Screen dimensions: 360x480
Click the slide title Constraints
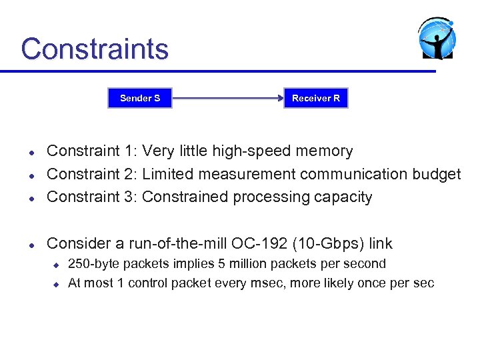(x=95, y=49)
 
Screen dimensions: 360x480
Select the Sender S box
(x=140, y=99)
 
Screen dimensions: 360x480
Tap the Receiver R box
(x=315, y=99)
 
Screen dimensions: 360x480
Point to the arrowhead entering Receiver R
(x=280, y=99)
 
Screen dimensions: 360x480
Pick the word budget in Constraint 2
(x=437, y=174)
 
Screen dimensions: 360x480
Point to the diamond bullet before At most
(x=57, y=284)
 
